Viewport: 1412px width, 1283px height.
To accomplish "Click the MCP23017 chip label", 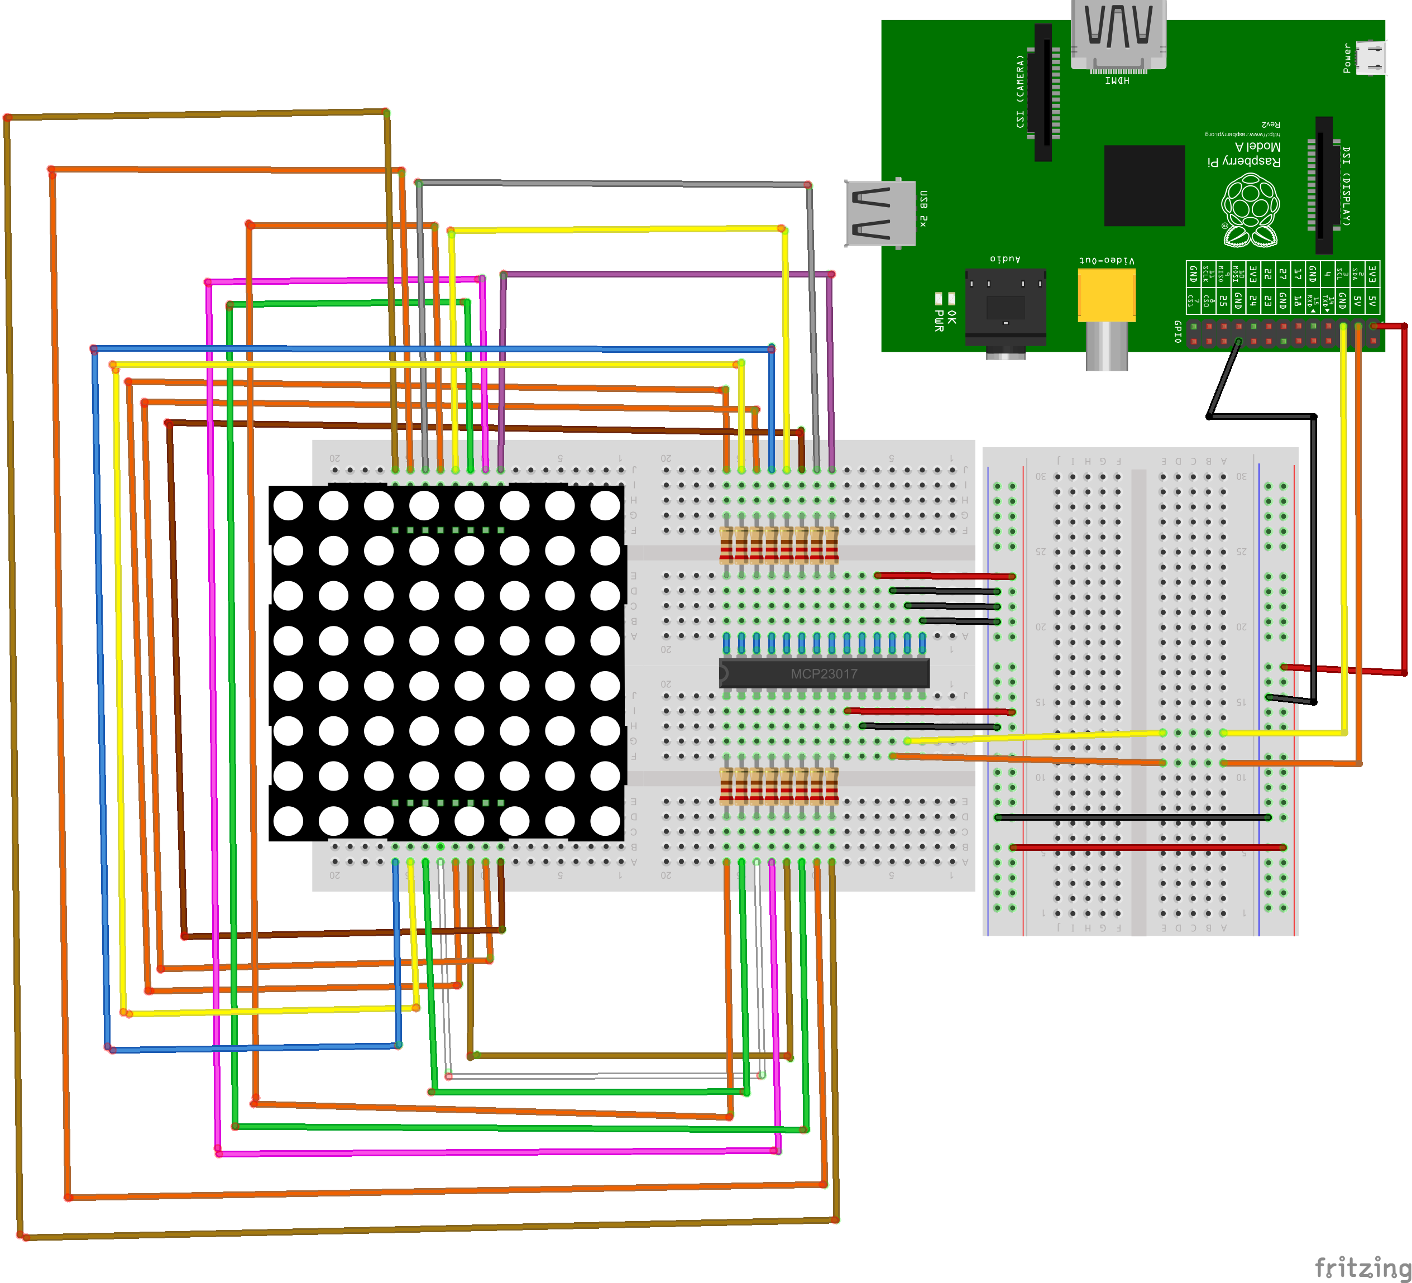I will [824, 674].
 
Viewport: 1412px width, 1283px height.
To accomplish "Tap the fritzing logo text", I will [1362, 1267].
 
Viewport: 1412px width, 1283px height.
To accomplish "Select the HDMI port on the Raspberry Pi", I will [1118, 35].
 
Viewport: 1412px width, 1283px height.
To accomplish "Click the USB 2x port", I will [880, 214].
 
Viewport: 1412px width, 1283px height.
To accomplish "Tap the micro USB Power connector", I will [1370, 58].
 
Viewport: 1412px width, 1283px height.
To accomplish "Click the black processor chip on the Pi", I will [1145, 185].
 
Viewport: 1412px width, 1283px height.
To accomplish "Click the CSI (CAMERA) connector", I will [1044, 91].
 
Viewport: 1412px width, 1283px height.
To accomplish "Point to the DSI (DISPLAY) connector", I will [1324, 185].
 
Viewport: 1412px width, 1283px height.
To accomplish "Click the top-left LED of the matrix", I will [289, 505].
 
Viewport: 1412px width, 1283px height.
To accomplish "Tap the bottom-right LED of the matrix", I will [605, 821].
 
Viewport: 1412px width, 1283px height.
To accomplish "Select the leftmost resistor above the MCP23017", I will [726, 546].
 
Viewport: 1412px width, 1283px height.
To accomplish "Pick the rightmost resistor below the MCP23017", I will [831, 786].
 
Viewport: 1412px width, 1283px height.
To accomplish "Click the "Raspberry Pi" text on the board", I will [1244, 161].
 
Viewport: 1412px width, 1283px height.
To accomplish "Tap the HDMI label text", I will [1117, 80].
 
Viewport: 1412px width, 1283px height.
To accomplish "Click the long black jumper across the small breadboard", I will [1132, 817].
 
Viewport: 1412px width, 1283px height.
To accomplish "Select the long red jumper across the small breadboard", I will [1148, 848].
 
